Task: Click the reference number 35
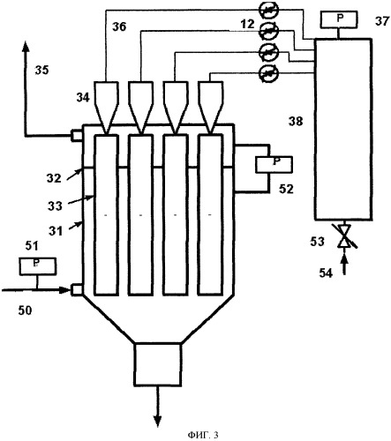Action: [41, 71]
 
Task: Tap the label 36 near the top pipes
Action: [119, 26]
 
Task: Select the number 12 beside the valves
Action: [247, 24]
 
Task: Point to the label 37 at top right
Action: [382, 21]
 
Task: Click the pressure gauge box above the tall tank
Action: [339, 19]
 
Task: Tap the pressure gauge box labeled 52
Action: [274, 164]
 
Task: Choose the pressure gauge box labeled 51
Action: [38, 266]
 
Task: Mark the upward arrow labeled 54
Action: [344, 265]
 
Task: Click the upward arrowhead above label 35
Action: [26, 47]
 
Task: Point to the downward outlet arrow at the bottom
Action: [158, 407]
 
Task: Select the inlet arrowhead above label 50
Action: [65, 290]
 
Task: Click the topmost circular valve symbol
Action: [268, 10]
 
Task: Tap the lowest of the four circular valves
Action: [268, 72]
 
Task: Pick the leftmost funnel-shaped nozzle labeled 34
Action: [106, 107]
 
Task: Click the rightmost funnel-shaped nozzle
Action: [210, 107]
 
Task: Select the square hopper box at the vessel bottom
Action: [157, 364]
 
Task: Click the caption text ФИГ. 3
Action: [203, 435]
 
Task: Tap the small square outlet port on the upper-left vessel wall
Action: [76, 136]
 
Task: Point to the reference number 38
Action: [296, 121]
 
